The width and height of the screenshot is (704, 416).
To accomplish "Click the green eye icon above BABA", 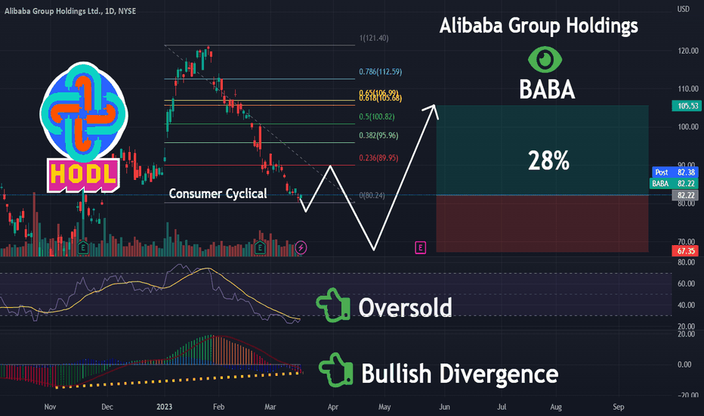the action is [545, 59].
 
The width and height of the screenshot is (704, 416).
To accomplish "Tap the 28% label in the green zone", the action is [548, 160].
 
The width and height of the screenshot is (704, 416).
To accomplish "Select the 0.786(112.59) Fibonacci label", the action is [380, 72].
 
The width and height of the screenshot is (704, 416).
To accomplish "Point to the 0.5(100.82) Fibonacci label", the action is [377, 116].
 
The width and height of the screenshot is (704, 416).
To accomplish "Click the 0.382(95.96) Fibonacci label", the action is [378, 135].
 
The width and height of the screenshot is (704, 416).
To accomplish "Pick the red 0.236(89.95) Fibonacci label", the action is [378, 158].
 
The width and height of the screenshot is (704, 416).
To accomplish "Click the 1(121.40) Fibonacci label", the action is [374, 39].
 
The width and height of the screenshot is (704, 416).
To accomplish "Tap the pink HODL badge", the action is [84, 174].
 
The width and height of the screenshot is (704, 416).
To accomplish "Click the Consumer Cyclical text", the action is [218, 194].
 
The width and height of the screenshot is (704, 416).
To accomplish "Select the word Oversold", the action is [405, 308].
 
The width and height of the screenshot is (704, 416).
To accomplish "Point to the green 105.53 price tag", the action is [687, 106].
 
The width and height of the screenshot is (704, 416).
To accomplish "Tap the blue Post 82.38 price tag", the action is [675, 172].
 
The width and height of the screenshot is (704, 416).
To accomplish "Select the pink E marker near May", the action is [420, 247].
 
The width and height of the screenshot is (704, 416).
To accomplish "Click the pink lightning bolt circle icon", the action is [301, 247].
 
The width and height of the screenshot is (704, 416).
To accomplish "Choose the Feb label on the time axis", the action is [218, 407].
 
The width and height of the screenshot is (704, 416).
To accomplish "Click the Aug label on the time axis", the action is [556, 407].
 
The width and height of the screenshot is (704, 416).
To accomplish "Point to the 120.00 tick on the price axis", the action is [688, 51].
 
